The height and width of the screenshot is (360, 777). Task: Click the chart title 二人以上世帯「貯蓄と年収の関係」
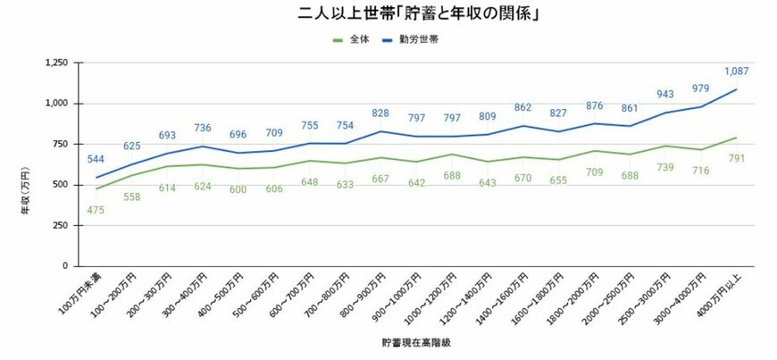[388, 15]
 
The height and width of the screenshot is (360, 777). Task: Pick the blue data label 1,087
[736, 71]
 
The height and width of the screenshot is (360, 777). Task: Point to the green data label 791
[736, 159]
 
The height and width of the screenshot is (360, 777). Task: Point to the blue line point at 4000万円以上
[736, 89]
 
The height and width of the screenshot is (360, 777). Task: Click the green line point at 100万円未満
[96, 188]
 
